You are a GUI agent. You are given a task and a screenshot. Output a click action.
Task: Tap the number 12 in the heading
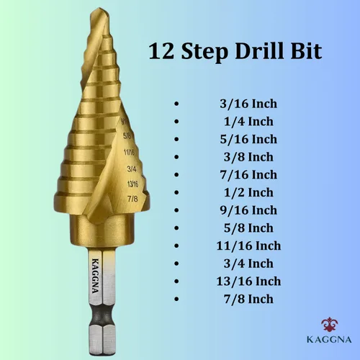point(161,51)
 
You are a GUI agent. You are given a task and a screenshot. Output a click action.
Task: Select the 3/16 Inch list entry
point(248,104)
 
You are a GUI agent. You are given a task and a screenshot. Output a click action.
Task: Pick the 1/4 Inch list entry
point(248,122)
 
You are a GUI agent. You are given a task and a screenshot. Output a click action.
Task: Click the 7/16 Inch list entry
point(248,175)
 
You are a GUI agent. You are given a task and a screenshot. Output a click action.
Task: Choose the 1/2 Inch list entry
point(248,192)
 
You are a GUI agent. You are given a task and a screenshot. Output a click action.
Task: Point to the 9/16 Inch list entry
point(248,210)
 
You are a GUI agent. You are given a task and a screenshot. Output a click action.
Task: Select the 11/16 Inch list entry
point(248,246)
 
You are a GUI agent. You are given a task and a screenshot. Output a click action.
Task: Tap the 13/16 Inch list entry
point(248,282)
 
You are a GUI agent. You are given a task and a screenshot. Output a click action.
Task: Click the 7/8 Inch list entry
point(248,299)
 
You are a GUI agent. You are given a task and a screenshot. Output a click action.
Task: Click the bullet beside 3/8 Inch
point(176,157)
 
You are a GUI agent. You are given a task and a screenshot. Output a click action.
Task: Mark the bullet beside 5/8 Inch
point(176,228)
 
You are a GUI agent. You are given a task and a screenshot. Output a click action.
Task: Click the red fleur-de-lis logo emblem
point(329,325)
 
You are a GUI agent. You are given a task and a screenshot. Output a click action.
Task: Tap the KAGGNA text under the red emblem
point(329,340)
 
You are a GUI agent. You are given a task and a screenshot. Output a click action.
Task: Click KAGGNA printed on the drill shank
point(96,276)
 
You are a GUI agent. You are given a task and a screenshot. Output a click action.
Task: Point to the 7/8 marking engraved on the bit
point(132,199)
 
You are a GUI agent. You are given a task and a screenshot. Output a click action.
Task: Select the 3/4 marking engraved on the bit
point(132,169)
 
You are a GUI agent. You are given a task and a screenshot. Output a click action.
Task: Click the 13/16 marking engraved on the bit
point(132,184)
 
